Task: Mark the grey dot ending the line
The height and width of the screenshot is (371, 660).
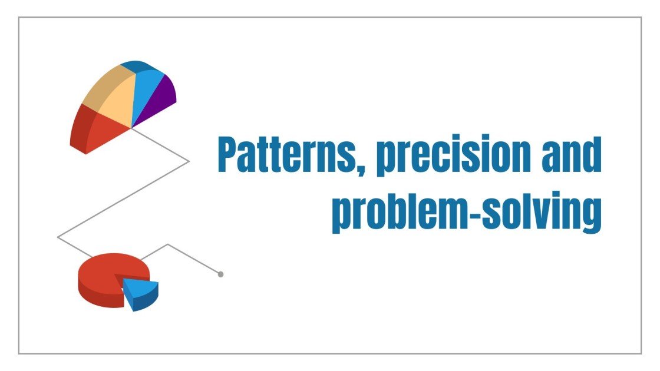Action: point(220,274)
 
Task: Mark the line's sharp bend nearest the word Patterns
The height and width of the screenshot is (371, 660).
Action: point(189,161)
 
